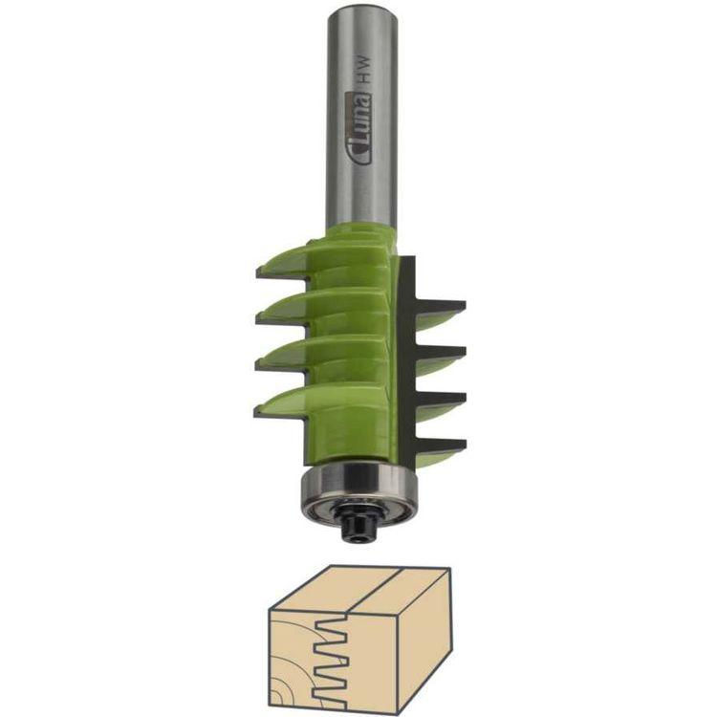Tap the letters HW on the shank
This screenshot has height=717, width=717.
364,69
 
